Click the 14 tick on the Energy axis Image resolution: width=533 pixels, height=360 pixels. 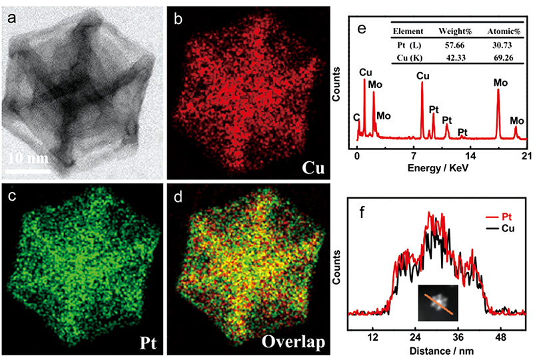tap(470, 156)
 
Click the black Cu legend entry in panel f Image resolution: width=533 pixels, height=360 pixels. tap(505, 228)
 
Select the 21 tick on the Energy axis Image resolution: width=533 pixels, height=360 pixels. tap(524, 156)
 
